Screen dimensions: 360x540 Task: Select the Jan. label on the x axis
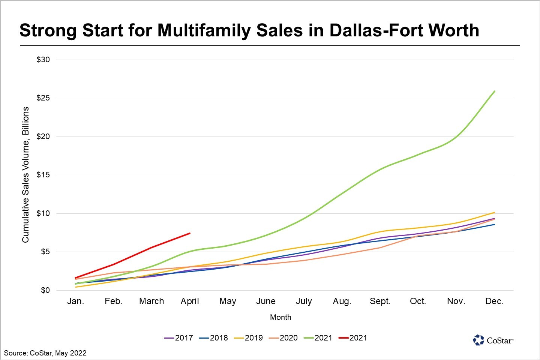[75, 301]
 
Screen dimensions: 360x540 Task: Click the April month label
[190, 301]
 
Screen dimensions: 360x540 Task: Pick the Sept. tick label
[380, 301]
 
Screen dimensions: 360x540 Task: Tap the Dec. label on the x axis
[494, 301]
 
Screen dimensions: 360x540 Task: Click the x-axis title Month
[280, 317]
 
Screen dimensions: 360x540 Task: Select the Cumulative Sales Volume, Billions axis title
[25, 175]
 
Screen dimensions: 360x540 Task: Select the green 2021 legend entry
[318, 338]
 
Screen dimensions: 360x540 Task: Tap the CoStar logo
[493, 340]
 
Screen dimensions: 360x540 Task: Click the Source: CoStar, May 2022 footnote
[45, 353]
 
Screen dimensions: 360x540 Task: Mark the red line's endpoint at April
[190, 233]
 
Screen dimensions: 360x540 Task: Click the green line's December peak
[494, 91]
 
